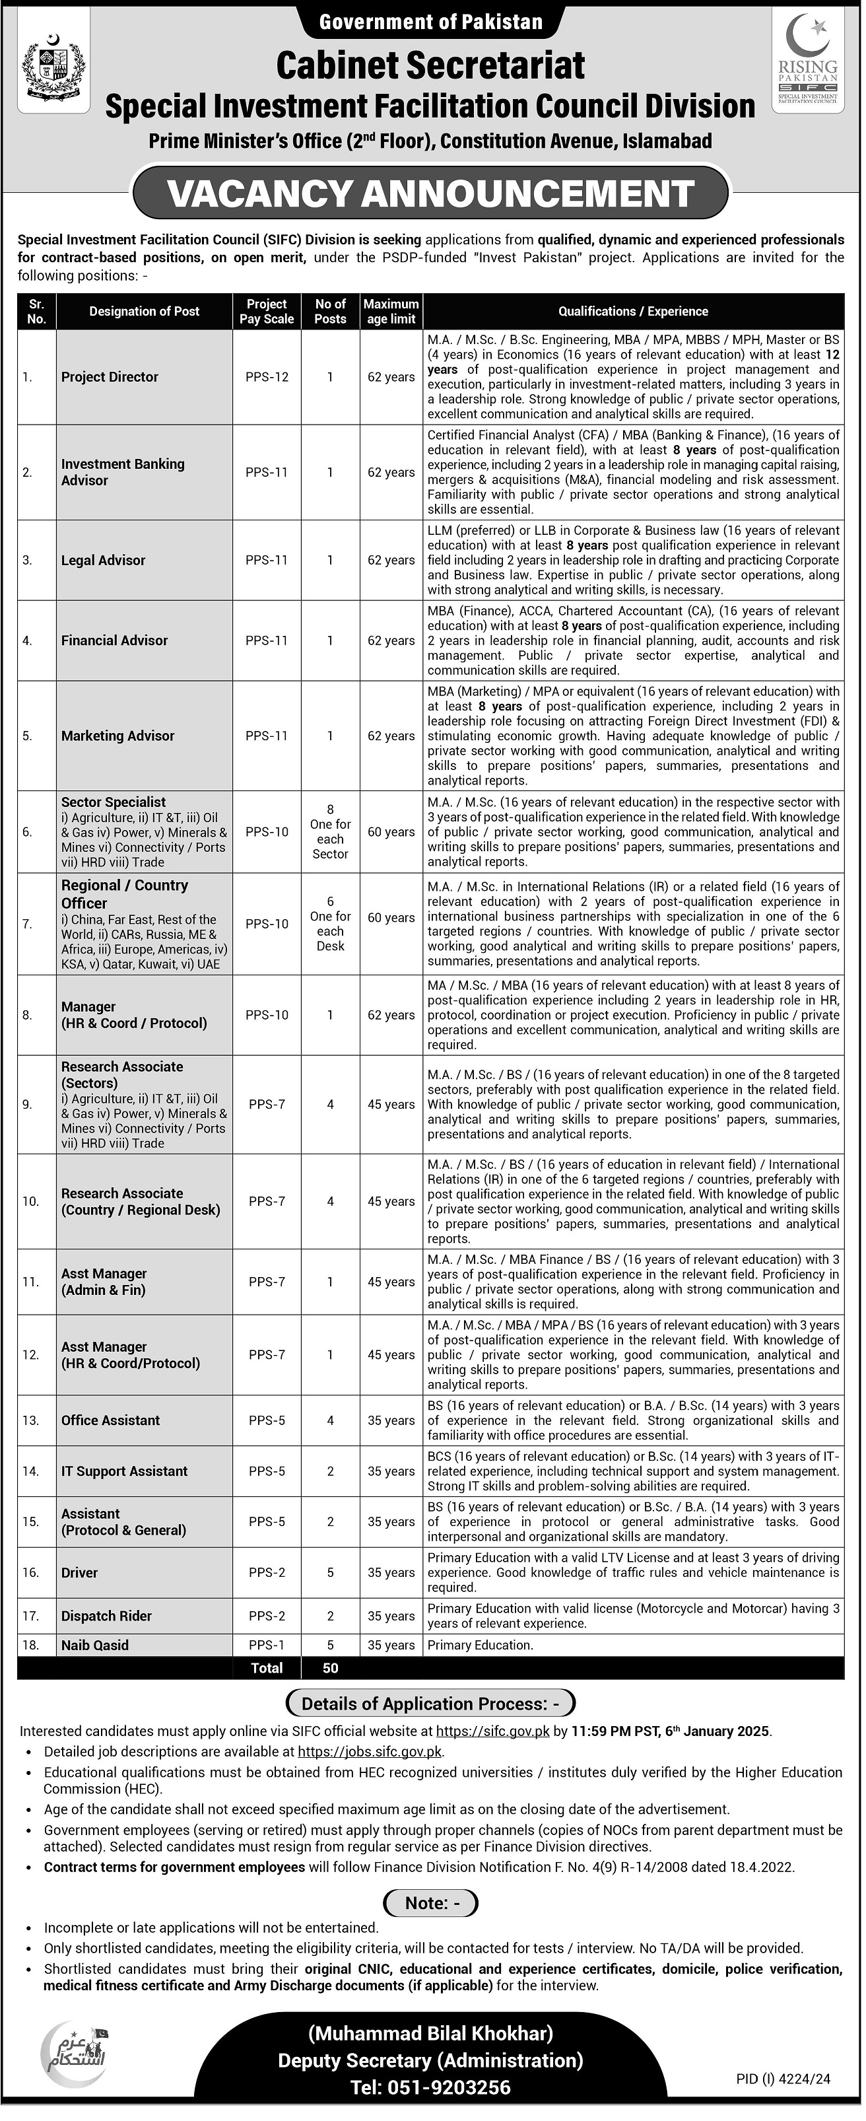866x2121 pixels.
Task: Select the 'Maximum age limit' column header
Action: click(x=391, y=311)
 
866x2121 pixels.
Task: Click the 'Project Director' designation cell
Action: click(x=110, y=377)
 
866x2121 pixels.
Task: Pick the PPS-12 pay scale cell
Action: click(x=267, y=377)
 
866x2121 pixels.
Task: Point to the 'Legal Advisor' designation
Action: click(x=104, y=560)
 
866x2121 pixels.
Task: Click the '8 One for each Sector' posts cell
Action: click(x=330, y=831)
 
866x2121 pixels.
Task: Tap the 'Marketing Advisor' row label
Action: click(x=117, y=735)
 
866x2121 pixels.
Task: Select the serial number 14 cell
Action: click(x=30, y=1471)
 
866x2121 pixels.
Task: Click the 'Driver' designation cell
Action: click(x=80, y=1572)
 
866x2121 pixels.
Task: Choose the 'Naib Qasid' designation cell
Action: click(x=94, y=1644)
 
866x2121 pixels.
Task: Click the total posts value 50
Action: click(x=330, y=1667)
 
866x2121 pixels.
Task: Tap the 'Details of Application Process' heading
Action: click(x=430, y=1704)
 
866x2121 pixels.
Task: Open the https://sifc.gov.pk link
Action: click(x=492, y=1731)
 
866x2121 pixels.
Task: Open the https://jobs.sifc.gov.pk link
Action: click(x=370, y=1751)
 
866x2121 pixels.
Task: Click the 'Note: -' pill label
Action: click(x=430, y=1903)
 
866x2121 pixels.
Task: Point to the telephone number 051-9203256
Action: click(x=430, y=2087)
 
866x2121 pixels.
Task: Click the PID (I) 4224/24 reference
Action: click(x=783, y=2079)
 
